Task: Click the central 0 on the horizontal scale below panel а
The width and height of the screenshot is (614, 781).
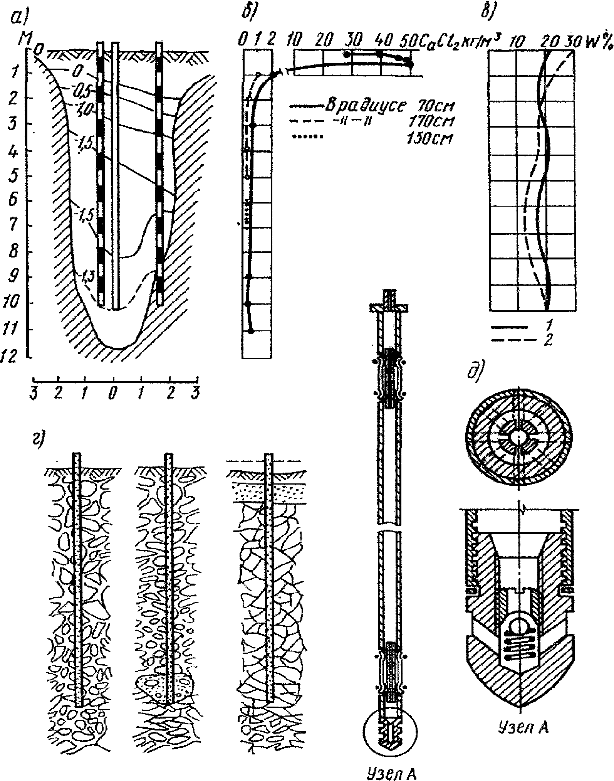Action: pyautogui.click(x=112, y=395)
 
